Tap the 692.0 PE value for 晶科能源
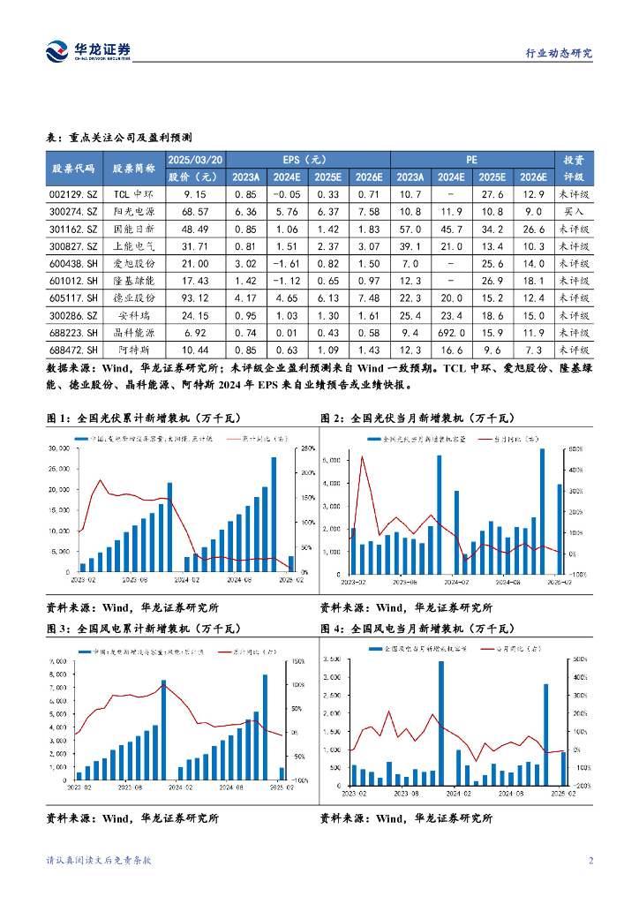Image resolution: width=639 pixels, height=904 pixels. pyautogui.click(x=451, y=333)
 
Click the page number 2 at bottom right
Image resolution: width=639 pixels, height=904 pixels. pyautogui.click(x=590, y=862)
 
